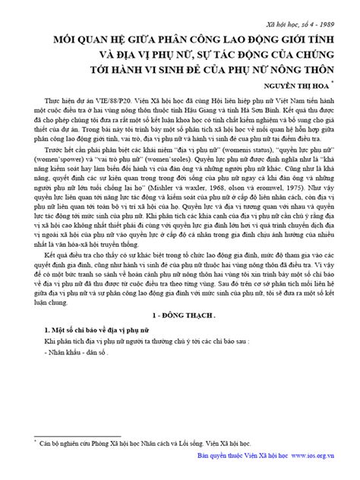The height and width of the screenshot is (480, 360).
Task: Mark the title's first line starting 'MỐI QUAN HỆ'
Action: tap(180, 39)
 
